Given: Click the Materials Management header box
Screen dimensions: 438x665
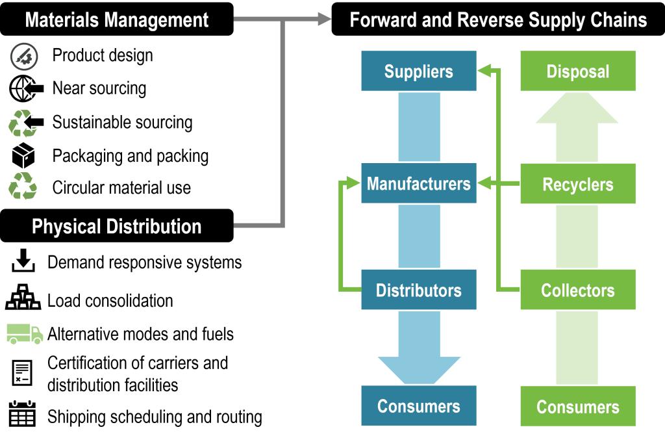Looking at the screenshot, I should coord(117,19).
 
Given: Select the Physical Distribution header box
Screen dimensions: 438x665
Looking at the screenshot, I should coord(117,226).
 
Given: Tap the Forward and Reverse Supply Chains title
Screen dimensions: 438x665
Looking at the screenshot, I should coord(498,19).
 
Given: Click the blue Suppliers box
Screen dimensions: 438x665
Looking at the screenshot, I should coord(418,71).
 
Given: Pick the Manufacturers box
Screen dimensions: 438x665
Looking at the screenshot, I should coord(418,184).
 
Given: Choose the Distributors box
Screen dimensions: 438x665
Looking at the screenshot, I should coord(418,290).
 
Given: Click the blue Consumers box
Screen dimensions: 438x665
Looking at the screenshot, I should coord(418,406).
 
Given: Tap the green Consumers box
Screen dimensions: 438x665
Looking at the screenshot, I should coord(577,407).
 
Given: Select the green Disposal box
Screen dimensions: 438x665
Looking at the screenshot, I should coord(577,71).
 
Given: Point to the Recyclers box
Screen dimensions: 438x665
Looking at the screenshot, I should coord(577,185).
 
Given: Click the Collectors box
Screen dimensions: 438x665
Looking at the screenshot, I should coord(577,290).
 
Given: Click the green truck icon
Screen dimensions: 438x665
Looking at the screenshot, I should coord(25,333).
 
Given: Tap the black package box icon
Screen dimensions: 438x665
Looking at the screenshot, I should coord(23,156).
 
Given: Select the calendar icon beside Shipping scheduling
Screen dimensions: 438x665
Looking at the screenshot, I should coord(23,415).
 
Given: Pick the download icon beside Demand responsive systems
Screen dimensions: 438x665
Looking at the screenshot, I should coord(23,261).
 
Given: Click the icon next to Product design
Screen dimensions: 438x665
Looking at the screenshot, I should coord(23,57).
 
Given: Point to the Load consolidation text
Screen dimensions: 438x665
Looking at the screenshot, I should coord(110,301).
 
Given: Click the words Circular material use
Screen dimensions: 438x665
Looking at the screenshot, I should coord(121,188).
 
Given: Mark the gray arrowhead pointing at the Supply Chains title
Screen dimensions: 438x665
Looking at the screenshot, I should coord(323,19).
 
